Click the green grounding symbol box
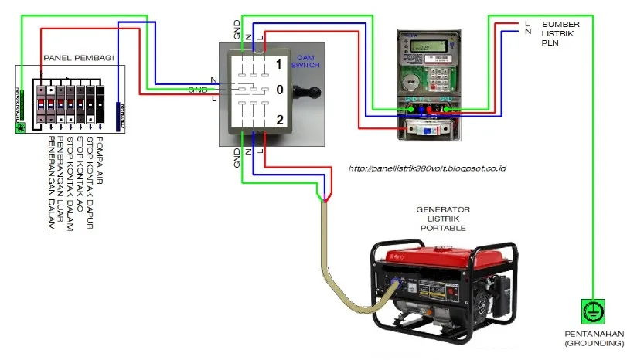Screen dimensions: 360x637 click(x=591, y=311)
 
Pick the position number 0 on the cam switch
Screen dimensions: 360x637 click(x=279, y=90)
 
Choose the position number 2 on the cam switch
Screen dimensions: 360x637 click(x=279, y=118)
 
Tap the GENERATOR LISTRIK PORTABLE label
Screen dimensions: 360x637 click(x=443, y=219)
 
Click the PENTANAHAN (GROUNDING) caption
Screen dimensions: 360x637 click(x=592, y=338)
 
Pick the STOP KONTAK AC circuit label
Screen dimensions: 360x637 click(x=80, y=174)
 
